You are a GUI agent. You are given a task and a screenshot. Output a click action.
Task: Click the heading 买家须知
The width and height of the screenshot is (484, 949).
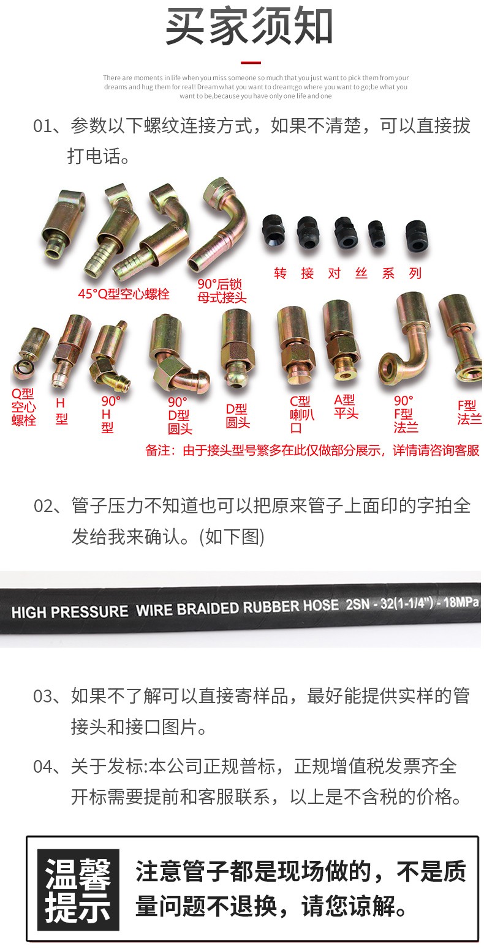(x=249, y=26)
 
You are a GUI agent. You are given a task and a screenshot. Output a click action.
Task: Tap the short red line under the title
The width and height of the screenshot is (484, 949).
(x=251, y=62)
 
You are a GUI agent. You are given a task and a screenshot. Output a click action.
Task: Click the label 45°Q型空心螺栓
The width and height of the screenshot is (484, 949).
(x=123, y=294)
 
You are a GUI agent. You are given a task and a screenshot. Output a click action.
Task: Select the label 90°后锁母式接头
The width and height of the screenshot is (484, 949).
(x=222, y=291)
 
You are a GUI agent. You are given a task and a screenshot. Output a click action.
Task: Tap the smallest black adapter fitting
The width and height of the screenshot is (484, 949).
(x=376, y=234)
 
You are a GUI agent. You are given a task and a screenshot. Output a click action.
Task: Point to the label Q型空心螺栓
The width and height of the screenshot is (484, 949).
(x=23, y=407)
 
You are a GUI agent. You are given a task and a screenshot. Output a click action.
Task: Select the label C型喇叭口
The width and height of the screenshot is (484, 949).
(x=301, y=414)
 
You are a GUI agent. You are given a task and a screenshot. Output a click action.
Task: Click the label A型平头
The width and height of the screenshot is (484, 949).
(x=346, y=406)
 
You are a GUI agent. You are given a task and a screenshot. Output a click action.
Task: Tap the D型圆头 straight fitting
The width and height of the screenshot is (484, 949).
(x=237, y=348)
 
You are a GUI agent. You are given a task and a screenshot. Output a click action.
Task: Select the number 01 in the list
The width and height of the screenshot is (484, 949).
(x=43, y=126)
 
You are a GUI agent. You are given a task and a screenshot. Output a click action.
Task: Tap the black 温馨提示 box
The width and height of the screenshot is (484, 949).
(x=78, y=890)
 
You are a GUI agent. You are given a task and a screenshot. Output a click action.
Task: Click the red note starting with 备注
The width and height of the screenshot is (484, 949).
(x=312, y=450)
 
